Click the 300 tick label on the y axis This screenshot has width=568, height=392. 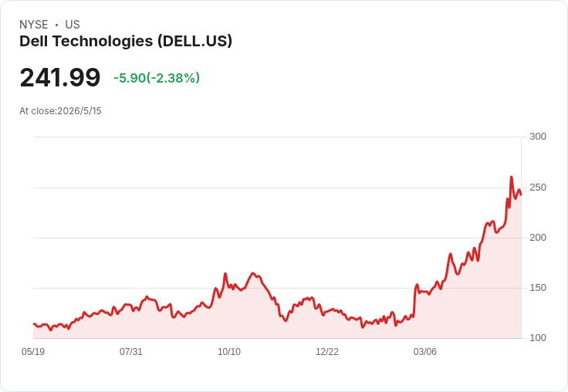538,137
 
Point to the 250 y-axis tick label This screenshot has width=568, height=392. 538,188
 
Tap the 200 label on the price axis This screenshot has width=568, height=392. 538,238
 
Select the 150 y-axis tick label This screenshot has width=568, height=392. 538,288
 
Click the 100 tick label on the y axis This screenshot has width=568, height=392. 538,338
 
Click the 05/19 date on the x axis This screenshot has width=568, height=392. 33,351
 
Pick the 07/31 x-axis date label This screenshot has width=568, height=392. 131,351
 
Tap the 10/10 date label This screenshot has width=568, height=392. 229,351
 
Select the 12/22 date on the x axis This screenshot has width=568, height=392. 327,351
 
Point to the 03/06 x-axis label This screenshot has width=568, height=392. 425,351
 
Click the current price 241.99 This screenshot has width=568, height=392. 59,77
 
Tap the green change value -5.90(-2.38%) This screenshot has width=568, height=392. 157,78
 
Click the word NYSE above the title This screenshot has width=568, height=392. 34,25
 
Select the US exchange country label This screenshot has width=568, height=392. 73,25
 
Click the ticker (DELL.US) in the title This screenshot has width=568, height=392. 195,42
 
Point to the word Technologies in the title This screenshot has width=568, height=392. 103,42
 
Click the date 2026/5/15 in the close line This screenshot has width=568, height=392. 79,111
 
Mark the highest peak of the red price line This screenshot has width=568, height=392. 511,177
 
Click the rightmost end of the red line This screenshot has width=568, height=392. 521,195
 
